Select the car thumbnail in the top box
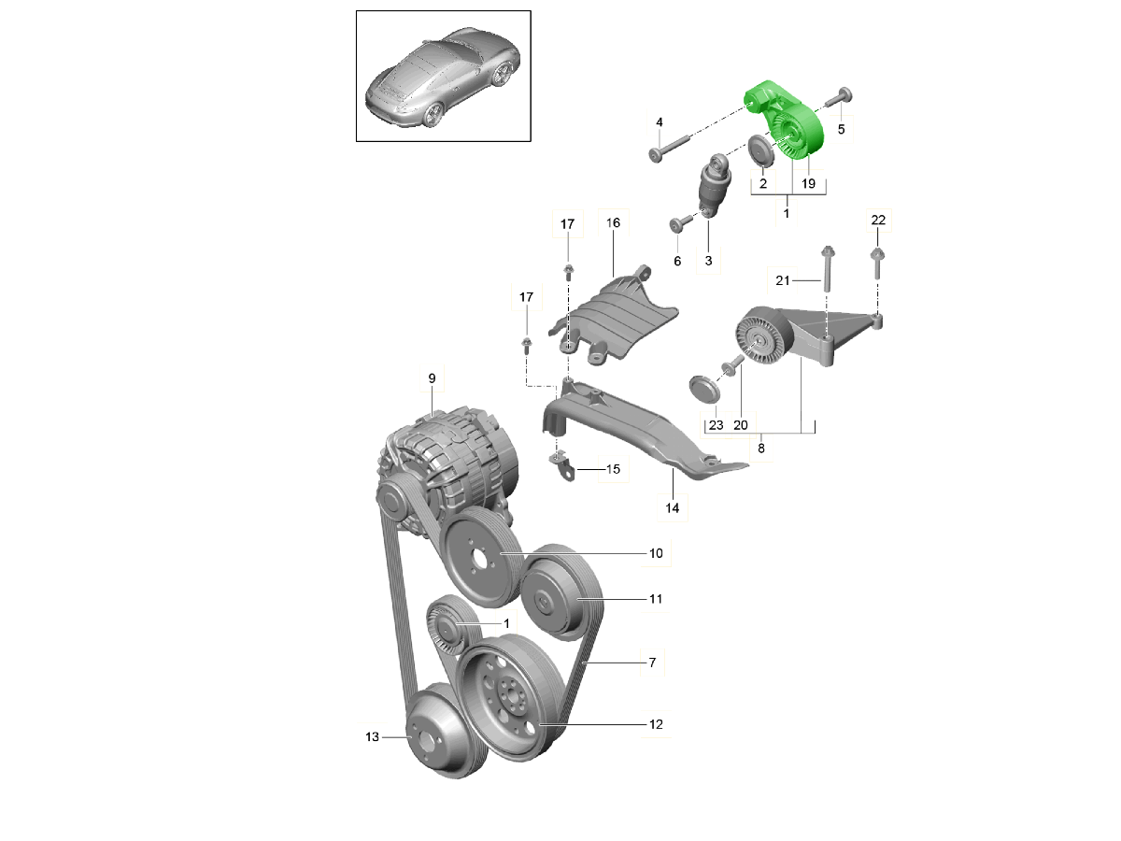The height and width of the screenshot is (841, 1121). point(443,76)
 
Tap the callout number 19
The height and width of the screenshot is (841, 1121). point(808,184)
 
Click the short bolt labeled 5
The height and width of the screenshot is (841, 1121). point(838,97)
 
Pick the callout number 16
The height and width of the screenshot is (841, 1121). point(613,223)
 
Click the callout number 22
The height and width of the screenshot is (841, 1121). point(877,221)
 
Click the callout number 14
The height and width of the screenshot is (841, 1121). point(672,508)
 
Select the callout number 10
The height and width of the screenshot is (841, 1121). point(656,553)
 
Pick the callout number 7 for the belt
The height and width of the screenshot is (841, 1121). point(652,663)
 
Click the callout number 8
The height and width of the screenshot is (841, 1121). point(760,448)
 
